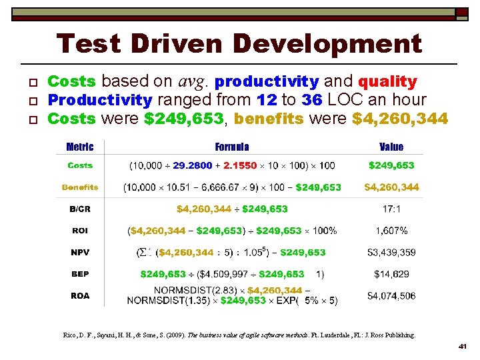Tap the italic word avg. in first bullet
(193, 82)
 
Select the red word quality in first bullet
(387, 82)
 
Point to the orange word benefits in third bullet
(269, 119)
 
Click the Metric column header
(80, 147)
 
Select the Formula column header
(232, 147)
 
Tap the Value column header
(391, 147)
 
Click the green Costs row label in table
(80, 165)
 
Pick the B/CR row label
(80, 209)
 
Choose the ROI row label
(80, 231)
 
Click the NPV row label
(80, 253)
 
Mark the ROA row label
(80, 295)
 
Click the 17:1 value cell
(391, 209)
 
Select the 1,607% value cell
(391, 231)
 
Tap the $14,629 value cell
(391, 274)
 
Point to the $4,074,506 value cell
(391, 295)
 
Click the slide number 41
(462, 347)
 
